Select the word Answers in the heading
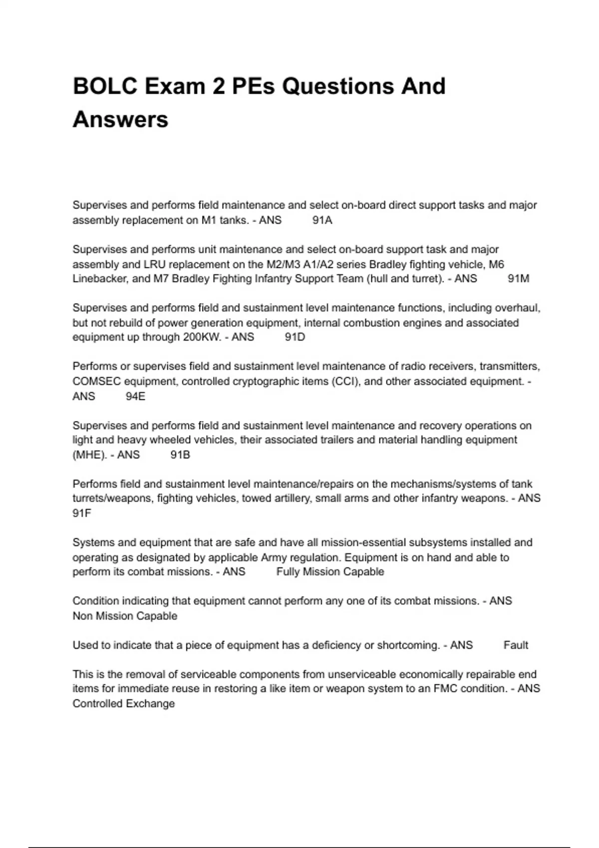[120, 120]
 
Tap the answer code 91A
[322, 220]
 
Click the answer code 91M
[518, 279]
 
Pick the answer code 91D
[295, 337]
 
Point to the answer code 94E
[135, 397]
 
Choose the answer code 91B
[180, 455]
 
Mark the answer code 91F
[82, 513]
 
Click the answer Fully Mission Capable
[330, 572]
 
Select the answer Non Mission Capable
[125, 616]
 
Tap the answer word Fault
[516, 645]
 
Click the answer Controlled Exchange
[123, 704]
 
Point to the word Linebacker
[100, 279]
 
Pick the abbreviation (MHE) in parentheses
[90, 455]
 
